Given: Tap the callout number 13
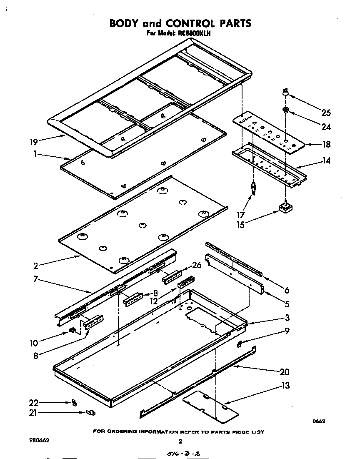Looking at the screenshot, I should pyautogui.click(x=285, y=386).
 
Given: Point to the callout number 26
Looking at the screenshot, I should pyautogui.click(x=197, y=265).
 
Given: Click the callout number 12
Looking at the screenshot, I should pyautogui.click(x=155, y=301).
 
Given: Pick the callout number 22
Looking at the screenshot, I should pyautogui.click(x=34, y=403).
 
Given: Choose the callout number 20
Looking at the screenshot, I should pyautogui.click(x=285, y=372).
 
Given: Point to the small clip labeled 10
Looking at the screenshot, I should pyautogui.click(x=72, y=331).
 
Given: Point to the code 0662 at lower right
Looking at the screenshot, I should pyautogui.click(x=319, y=421).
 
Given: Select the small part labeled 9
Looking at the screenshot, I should pyautogui.click(x=239, y=344).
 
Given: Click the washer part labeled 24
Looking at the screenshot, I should pyautogui.click(x=285, y=110).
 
